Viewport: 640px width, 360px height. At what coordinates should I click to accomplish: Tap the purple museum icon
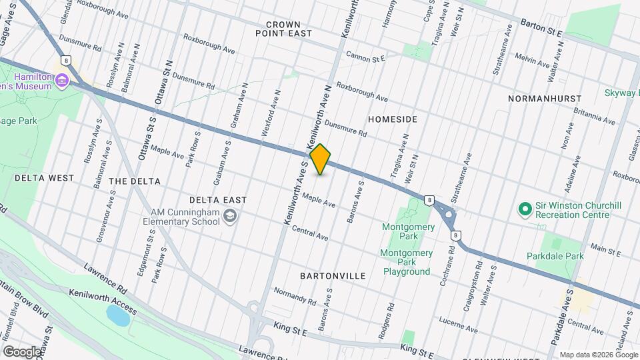coord(62,81)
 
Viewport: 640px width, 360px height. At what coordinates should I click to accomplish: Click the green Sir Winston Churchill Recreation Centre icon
coord(525,209)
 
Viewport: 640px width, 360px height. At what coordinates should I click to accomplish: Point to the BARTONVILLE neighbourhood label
coord(333,275)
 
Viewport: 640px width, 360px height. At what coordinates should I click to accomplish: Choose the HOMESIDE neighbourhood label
coord(393,119)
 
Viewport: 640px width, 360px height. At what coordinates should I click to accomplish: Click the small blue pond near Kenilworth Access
coord(118,315)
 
